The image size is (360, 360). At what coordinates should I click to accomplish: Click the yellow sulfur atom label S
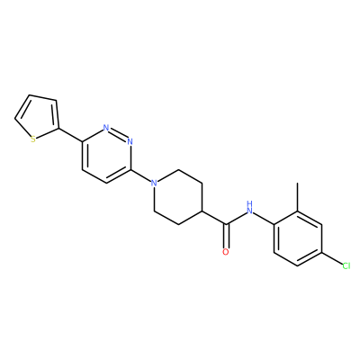click(33, 139)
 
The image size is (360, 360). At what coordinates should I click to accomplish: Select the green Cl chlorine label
click(346, 265)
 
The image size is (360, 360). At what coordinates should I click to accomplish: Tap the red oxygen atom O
click(226, 252)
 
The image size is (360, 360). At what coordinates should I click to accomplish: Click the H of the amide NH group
click(249, 204)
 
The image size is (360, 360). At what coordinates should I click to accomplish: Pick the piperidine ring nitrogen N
click(154, 183)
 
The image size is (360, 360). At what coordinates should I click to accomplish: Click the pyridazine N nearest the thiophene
click(106, 127)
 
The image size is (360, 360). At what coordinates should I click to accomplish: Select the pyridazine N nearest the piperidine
click(130, 141)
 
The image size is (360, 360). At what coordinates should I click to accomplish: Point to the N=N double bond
click(118, 134)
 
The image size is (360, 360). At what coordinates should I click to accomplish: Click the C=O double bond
click(226, 236)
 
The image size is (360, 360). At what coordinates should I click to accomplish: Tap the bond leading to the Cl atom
click(332, 258)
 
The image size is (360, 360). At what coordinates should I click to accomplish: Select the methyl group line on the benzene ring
click(298, 196)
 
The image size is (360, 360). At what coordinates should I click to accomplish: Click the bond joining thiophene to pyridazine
click(70, 135)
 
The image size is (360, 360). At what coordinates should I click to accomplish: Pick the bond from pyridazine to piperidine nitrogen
click(140, 175)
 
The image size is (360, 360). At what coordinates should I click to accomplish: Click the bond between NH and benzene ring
click(264, 218)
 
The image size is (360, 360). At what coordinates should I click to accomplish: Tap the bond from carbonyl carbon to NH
click(237, 218)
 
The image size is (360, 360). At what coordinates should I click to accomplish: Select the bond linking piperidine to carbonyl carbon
click(214, 218)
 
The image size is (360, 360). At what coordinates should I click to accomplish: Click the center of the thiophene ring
click(39, 117)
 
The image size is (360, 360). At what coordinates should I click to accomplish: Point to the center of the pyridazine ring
click(106, 155)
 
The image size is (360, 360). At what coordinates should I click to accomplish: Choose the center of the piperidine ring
click(178, 197)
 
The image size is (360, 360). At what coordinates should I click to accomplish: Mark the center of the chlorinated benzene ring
click(298, 238)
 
